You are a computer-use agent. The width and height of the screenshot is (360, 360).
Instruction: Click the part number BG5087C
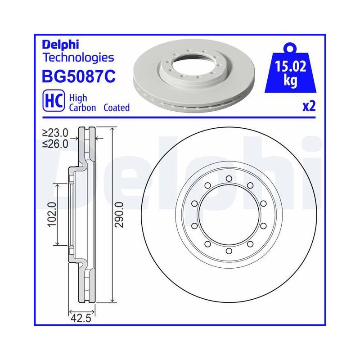tap(79, 76)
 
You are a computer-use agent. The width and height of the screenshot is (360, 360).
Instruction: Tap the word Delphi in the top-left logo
tap(60, 44)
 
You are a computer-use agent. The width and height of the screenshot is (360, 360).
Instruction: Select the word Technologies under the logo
tap(78, 58)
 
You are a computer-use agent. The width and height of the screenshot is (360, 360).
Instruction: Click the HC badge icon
tap(54, 101)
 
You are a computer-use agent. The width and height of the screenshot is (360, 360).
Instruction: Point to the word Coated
tap(117, 108)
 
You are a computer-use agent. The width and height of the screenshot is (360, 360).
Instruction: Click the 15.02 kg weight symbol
tap(290, 69)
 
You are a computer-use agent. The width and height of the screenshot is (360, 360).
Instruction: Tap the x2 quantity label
tap(309, 106)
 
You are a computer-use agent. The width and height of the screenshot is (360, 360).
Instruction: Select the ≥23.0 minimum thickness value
tap(55, 133)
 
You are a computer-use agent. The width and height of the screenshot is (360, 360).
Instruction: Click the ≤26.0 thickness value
tap(55, 144)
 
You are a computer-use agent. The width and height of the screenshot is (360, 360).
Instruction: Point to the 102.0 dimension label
tap(52, 215)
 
